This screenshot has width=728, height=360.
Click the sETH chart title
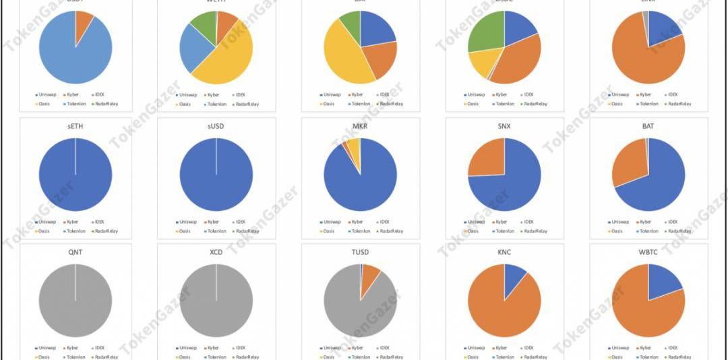[75, 127]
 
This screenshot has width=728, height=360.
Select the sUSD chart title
[216, 127]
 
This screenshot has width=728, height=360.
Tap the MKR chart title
[361, 127]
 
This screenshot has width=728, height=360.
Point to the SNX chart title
[504, 127]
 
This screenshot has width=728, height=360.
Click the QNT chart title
[75, 252]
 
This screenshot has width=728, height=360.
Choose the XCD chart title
[216, 252]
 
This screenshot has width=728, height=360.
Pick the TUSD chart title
[361, 252]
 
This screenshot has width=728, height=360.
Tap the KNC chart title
[504, 252]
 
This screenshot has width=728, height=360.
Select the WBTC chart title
[648, 252]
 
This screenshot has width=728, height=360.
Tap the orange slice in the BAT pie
[629, 162]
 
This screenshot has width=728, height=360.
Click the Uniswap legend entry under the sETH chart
[46, 222]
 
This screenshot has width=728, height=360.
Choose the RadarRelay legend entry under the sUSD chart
[245, 231]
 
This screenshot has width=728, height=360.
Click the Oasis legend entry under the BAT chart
[616, 231]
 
